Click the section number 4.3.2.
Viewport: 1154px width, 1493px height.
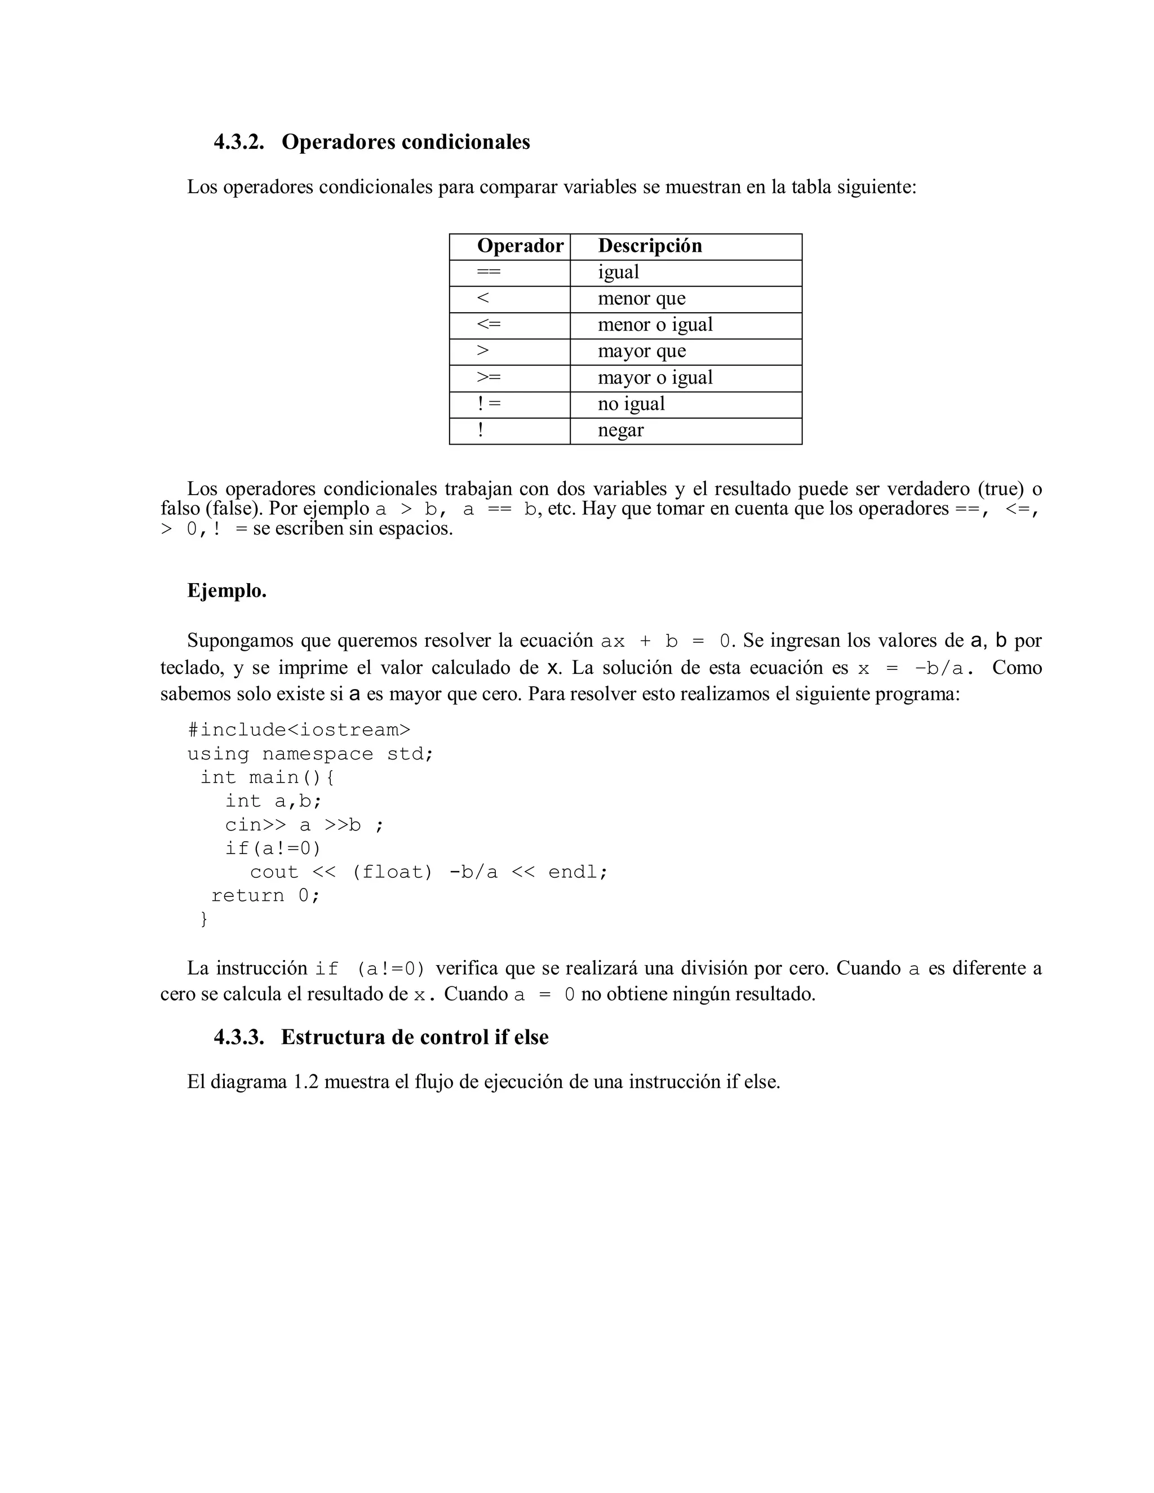tap(238, 142)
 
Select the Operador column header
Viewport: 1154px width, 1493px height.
tap(520, 246)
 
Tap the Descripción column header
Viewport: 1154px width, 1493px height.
tap(650, 246)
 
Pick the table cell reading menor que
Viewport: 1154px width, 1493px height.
tap(641, 299)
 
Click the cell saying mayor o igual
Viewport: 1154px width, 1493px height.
tap(655, 377)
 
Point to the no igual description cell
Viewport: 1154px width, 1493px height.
tap(631, 404)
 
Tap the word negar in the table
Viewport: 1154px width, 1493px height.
tap(620, 430)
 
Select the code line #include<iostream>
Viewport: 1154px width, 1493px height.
tap(299, 730)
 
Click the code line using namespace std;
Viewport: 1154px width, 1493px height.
tap(310, 754)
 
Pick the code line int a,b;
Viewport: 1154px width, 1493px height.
tap(273, 801)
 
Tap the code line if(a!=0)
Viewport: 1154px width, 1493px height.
tap(273, 848)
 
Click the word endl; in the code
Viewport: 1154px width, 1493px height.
tap(578, 872)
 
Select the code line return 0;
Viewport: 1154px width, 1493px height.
tap(265, 896)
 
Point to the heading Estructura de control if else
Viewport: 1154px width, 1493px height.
tap(414, 1038)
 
